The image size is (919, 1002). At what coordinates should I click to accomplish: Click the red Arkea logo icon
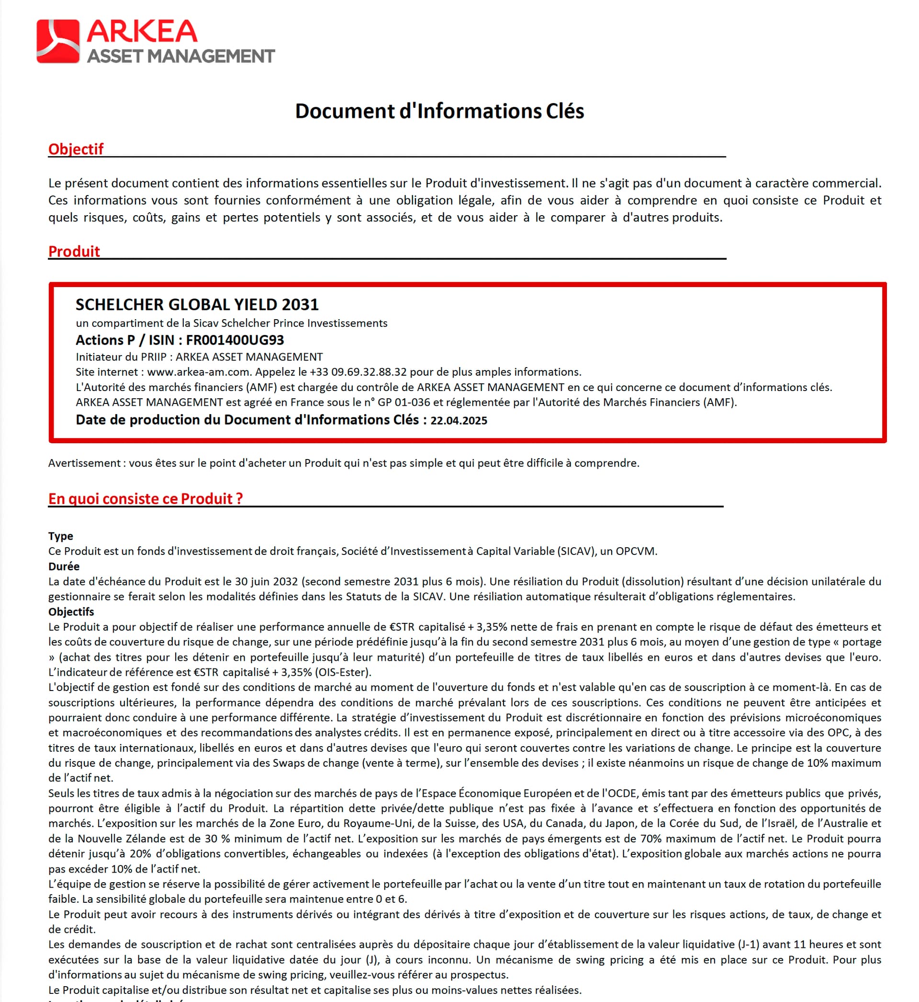(x=58, y=41)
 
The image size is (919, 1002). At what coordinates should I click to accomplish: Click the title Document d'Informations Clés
(x=439, y=111)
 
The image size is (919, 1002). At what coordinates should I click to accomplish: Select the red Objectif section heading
(x=76, y=149)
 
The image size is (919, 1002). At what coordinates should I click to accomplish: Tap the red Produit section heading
(x=74, y=252)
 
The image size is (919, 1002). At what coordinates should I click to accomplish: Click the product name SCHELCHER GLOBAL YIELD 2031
(x=197, y=304)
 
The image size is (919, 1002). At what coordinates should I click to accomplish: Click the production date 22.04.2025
(x=459, y=421)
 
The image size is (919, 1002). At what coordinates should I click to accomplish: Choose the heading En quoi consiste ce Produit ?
(x=145, y=498)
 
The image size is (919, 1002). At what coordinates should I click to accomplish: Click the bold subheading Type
(x=61, y=536)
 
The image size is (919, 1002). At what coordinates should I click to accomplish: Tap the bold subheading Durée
(x=64, y=566)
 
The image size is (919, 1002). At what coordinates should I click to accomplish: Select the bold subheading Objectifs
(x=71, y=612)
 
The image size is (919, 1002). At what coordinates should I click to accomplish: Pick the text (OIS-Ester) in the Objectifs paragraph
(x=343, y=672)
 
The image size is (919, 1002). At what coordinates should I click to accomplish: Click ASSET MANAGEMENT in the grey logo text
(x=181, y=56)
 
